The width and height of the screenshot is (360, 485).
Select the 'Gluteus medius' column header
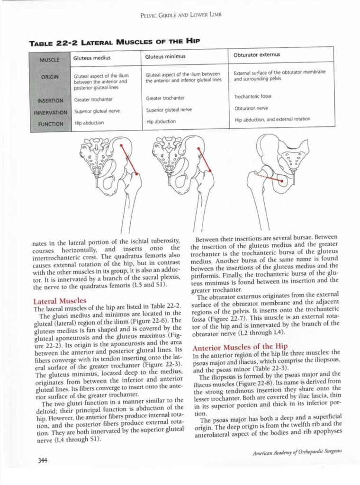tap(92, 58)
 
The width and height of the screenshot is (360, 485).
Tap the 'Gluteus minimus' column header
tap(165, 57)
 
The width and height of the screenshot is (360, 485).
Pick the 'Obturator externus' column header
tap(257, 54)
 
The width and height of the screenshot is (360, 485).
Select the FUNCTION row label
tap(51, 124)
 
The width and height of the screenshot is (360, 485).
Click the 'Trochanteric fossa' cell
tap(252, 97)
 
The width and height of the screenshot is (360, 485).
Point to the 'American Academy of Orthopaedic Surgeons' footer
tap(297, 454)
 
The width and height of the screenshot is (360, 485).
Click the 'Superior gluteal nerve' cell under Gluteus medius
tap(97, 111)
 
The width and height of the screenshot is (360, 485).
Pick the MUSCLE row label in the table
tap(51, 59)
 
